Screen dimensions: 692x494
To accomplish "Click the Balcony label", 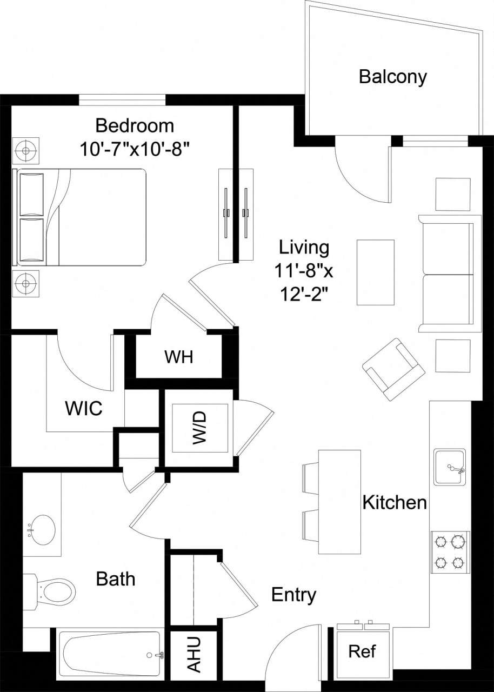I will (x=393, y=77).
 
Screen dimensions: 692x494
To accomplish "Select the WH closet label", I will (x=179, y=357).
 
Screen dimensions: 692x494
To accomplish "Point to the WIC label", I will (x=84, y=408).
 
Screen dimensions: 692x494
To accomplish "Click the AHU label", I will (x=193, y=654).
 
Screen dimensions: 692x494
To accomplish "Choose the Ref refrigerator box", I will (x=362, y=651).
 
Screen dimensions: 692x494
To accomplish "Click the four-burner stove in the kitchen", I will (x=450, y=551).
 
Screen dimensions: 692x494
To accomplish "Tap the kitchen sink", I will (x=449, y=468).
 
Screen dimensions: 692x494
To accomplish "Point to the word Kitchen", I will (x=395, y=503).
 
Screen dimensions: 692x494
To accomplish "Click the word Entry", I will (x=293, y=595).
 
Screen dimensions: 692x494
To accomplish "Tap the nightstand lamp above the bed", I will (x=25, y=150).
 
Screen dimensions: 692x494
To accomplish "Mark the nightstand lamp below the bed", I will (x=25, y=283).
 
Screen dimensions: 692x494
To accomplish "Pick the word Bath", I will (x=115, y=579).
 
